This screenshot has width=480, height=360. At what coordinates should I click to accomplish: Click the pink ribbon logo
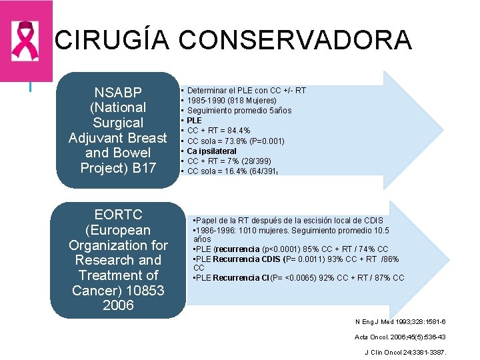(25, 41)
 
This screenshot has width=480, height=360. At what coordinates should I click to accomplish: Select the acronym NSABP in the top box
(118, 92)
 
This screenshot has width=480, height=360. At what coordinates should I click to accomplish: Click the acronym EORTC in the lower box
(118, 215)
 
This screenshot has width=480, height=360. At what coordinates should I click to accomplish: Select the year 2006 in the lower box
(118, 305)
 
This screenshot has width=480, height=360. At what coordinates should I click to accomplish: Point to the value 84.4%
(236, 131)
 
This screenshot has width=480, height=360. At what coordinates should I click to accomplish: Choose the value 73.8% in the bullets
(233, 141)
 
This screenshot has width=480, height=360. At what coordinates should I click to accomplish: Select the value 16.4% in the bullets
(233, 171)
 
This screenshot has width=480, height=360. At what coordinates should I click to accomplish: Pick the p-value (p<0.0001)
(286, 249)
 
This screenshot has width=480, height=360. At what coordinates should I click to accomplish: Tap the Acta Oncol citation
(400, 337)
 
